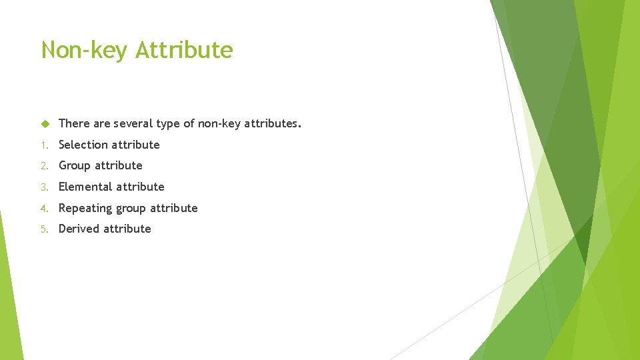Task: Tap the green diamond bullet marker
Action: point(45,123)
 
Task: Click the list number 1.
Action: point(43,145)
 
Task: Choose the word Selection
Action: point(83,145)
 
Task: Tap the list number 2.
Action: point(43,165)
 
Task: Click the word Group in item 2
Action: point(74,165)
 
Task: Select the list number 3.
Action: point(43,187)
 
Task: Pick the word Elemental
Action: point(85,187)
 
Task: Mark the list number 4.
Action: point(43,208)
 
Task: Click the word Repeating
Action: point(85,208)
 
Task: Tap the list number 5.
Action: point(43,229)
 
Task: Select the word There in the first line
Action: point(74,123)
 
